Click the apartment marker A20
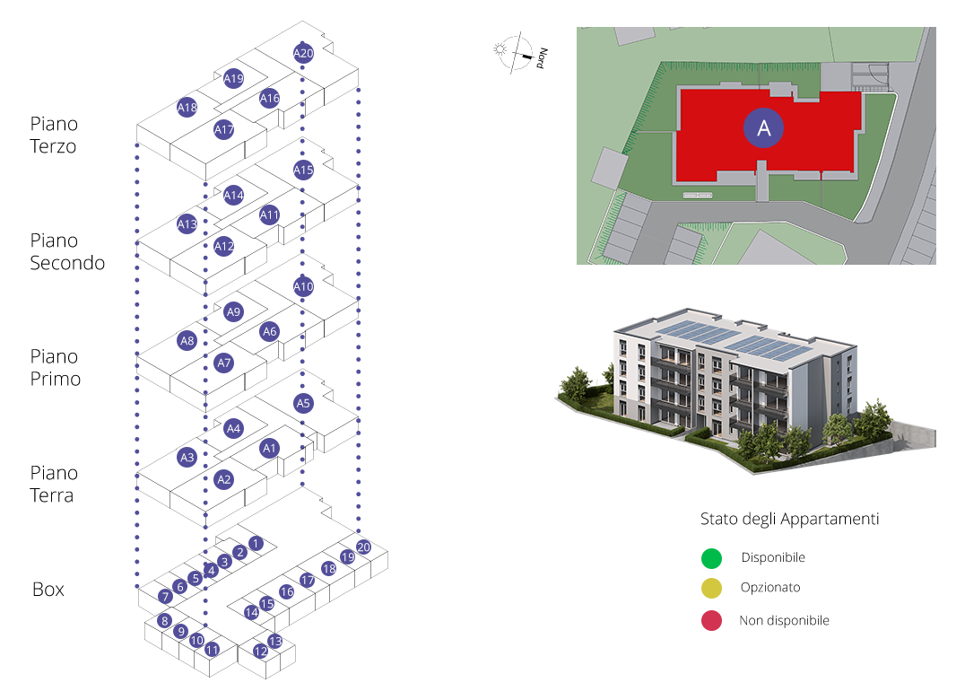[303, 54]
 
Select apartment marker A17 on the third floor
[224, 130]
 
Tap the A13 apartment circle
[187, 224]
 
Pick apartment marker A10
[303, 287]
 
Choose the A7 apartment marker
[224, 363]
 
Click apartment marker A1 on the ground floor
[270, 448]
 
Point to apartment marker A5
[303, 404]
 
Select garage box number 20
[363, 547]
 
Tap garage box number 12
[261, 652]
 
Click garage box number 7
[165, 597]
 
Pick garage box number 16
[287, 591]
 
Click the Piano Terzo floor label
[54, 135]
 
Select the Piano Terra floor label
[54, 484]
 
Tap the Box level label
[48, 590]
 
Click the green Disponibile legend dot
[711, 558]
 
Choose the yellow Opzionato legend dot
[711, 589]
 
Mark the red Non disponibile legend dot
[711, 620]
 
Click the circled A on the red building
[764, 128]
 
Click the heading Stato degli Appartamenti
[789, 520]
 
